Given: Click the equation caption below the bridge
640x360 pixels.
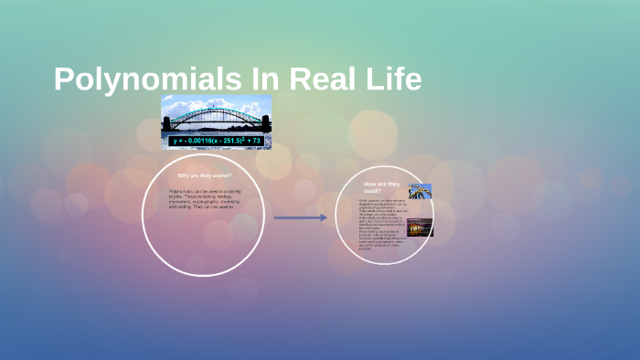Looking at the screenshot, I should pyautogui.click(x=217, y=141).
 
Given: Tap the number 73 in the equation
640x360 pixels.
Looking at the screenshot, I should pyautogui.click(x=256, y=141).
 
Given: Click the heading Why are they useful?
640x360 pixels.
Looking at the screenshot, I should pyautogui.click(x=204, y=175).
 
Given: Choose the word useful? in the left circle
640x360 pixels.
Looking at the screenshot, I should pyautogui.click(x=220, y=175).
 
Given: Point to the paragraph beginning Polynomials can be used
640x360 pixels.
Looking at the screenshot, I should pyautogui.click(x=203, y=198).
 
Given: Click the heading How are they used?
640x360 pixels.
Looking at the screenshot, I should pyautogui.click(x=379, y=186).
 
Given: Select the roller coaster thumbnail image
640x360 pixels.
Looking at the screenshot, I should pyautogui.click(x=420, y=192).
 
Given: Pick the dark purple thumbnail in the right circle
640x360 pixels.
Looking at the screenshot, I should pyautogui.click(x=420, y=227).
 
